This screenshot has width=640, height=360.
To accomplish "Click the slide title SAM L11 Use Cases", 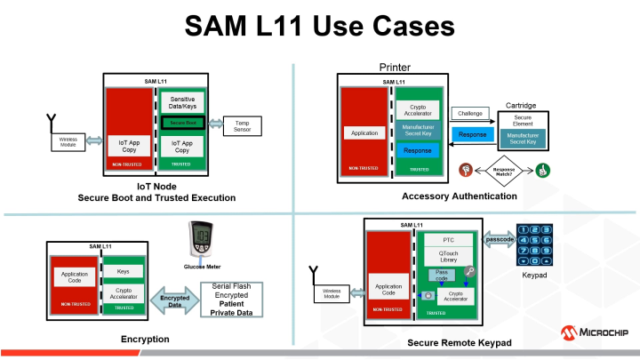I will tap(320, 27).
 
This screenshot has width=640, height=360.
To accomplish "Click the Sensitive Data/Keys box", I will tap(182, 103).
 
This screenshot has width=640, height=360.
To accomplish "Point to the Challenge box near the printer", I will tap(470, 114).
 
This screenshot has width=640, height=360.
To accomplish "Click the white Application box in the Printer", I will tap(365, 133).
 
